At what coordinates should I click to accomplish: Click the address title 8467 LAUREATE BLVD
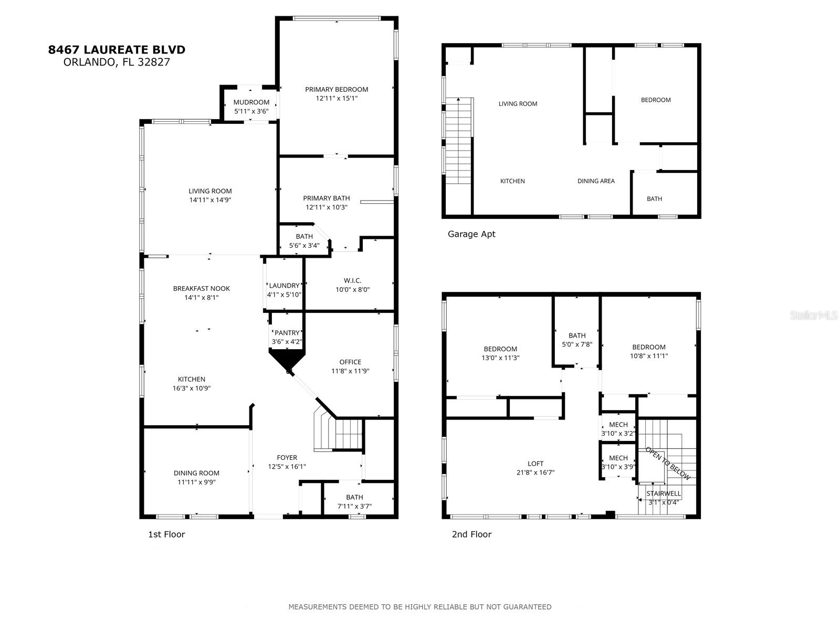(117, 50)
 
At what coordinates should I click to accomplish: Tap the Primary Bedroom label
(337, 89)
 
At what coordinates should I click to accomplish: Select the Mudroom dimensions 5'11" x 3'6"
(251, 111)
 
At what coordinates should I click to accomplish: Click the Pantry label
(287, 333)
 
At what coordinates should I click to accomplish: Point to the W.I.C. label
(352, 280)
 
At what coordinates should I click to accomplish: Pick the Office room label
(350, 362)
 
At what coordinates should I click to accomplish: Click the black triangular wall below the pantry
(287, 360)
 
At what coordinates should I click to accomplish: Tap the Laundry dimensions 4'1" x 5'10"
(284, 295)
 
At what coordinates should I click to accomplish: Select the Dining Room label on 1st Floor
(197, 473)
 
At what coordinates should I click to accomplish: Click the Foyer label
(287, 457)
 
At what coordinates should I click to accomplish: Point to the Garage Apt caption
(471, 234)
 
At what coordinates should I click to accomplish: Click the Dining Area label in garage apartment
(596, 181)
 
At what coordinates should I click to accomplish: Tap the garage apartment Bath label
(654, 199)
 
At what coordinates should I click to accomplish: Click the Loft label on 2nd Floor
(535, 464)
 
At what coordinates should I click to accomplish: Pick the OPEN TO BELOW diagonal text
(667, 463)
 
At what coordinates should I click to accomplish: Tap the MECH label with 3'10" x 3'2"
(618, 425)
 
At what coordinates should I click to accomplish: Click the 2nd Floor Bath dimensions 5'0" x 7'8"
(577, 344)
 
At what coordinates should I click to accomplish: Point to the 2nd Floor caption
(471, 534)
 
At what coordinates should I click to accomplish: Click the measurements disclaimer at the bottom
(419, 607)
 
